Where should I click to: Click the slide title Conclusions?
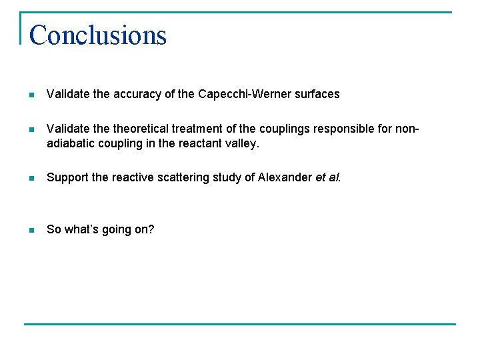(98, 35)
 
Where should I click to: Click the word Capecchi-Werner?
(237, 94)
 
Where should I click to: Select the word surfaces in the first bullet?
(313, 94)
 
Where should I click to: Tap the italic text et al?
(327, 177)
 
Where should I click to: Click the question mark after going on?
(151, 229)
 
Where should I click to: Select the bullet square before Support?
(31, 178)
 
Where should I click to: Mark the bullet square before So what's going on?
(31, 230)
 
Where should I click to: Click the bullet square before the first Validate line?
(31, 95)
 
